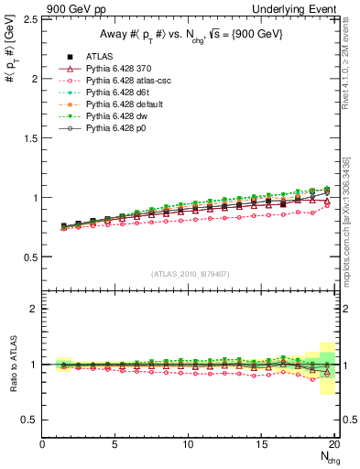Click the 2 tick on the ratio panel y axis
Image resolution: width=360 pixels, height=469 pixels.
click(x=35, y=309)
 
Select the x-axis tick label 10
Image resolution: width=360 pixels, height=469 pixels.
click(x=187, y=445)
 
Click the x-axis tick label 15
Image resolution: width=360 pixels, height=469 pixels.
click(x=260, y=445)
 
